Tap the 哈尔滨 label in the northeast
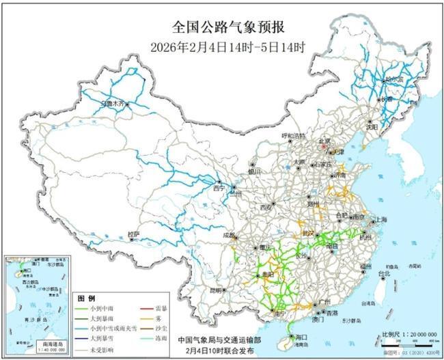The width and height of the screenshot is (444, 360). point(393,79)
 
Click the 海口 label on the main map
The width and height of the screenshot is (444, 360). point(299,337)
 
